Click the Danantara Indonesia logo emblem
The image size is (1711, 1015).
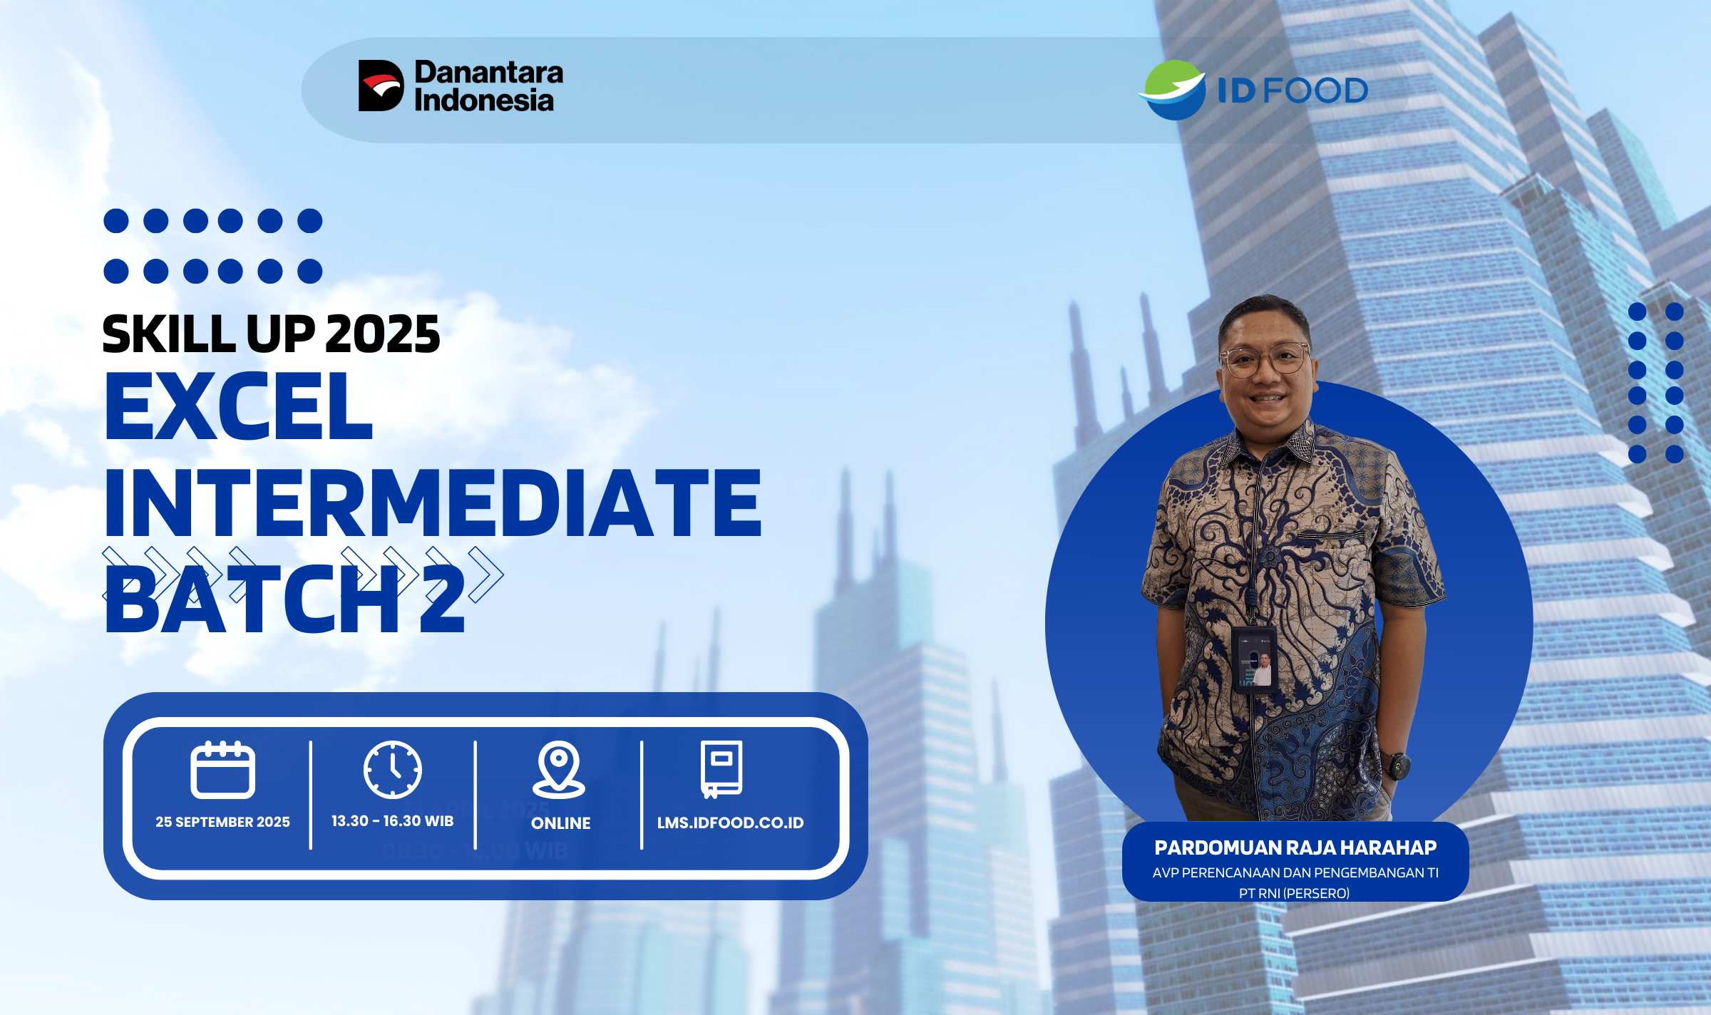[381, 86]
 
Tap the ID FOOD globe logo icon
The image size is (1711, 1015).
[1172, 90]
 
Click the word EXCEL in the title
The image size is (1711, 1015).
[239, 406]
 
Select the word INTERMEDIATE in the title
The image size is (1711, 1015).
[433, 503]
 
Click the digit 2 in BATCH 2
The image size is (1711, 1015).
[442, 599]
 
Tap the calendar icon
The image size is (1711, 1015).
[222, 770]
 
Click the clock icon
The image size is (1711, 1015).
[393, 770]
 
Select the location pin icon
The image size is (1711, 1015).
[559, 770]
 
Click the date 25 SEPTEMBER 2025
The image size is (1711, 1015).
[222, 822]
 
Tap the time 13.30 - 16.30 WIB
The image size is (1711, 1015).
[392, 821]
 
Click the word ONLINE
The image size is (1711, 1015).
[560, 823]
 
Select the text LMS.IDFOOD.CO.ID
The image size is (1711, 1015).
[730, 823]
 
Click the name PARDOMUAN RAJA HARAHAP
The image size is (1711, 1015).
[1295, 847]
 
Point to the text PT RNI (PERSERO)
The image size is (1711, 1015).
[1294, 893]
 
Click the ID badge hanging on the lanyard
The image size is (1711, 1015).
[1254, 659]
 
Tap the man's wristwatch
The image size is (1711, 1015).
[1396, 766]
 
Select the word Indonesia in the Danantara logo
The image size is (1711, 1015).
[484, 100]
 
